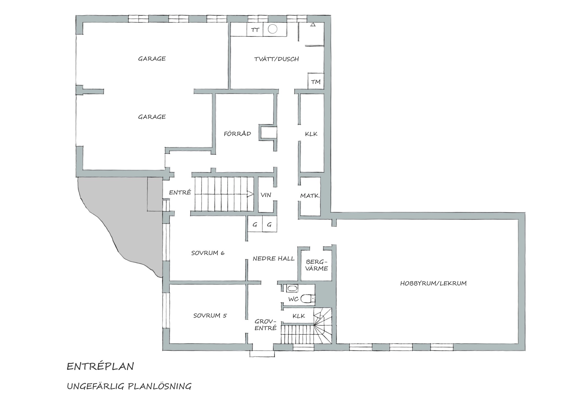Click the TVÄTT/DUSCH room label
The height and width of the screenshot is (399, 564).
tap(276, 59)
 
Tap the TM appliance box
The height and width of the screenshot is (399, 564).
tap(316, 81)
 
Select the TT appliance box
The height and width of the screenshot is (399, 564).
tap(255, 30)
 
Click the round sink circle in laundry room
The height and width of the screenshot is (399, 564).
tap(272, 29)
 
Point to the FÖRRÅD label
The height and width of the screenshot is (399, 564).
tap(237, 134)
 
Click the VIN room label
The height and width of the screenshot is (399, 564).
tap(266, 195)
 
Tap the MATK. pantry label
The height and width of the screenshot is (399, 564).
tap(310, 196)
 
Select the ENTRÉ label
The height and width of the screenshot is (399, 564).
tap(180, 192)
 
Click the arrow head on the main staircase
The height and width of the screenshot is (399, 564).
tap(250, 194)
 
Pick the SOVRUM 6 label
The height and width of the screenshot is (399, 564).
tap(208, 253)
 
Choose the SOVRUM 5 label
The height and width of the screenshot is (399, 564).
tap(210, 316)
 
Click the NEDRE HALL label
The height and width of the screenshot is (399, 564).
tap(274, 258)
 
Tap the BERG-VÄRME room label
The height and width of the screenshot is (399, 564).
tap(317, 265)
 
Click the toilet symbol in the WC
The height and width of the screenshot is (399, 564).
tap(308, 298)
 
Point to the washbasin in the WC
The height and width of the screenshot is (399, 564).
tap(292, 289)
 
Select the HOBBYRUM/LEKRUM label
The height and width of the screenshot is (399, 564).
tap(433, 283)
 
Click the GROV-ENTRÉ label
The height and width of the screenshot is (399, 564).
tap(265, 325)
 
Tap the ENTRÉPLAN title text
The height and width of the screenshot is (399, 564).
tap(101, 366)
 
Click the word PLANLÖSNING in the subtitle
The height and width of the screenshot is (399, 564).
tap(159, 386)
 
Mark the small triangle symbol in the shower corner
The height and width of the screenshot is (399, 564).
tap(313, 25)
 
